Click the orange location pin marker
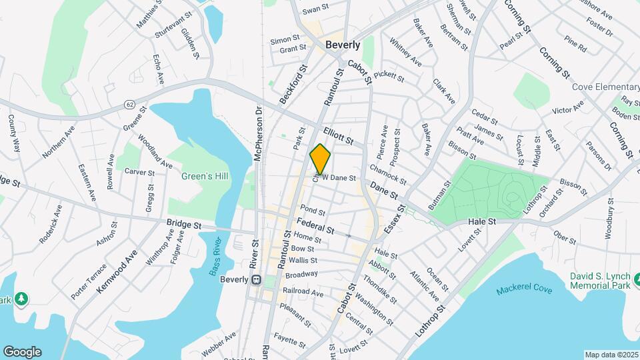321,159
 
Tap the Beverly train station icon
255,280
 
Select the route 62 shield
129,105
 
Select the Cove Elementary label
605,87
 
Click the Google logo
22,351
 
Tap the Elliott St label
338,136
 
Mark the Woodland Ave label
155,152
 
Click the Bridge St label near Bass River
183,226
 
